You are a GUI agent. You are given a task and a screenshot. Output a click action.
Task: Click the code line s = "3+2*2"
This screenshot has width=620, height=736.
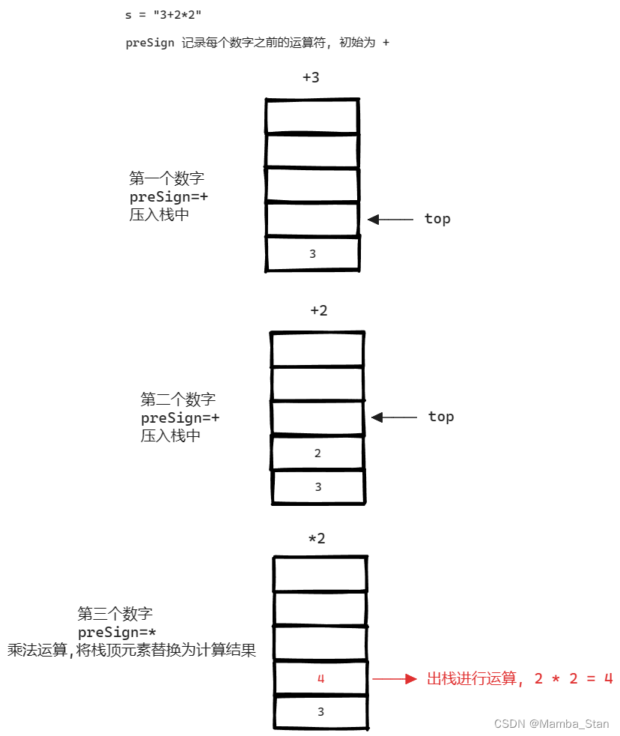point(164,14)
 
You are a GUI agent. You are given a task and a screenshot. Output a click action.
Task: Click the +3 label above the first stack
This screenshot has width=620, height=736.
point(311,77)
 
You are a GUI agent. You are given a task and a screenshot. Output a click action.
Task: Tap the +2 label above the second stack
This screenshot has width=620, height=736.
point(319,310)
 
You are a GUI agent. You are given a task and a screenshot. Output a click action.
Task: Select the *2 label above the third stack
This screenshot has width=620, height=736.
point(317,538)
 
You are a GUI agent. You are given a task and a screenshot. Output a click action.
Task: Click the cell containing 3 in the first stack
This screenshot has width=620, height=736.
point(312,254)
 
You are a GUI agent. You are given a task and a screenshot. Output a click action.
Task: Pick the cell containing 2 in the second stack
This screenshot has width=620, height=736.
point(317,453)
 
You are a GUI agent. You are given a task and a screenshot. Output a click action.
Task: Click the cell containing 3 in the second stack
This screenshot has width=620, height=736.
point(317,487)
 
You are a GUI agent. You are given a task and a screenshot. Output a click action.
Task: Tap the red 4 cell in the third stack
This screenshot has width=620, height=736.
point(320,678)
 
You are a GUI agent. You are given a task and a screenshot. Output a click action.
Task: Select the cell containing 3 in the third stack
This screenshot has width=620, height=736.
point(320,712)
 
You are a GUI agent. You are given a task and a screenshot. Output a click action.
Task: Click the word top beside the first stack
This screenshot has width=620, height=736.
point(437,219)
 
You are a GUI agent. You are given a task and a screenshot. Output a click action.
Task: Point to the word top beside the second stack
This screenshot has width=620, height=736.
point(441,417)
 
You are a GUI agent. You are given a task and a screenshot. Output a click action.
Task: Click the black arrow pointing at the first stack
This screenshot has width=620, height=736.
point(390,220)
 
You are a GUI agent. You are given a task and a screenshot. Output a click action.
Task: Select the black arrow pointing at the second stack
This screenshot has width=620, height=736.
point(394,417)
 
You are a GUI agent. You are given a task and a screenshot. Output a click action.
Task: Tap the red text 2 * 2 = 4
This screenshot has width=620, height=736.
point(574,679)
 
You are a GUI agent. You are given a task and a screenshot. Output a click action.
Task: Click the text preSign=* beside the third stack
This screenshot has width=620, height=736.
point(117,633)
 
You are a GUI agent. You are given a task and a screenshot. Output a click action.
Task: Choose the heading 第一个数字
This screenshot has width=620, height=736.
point(167,179)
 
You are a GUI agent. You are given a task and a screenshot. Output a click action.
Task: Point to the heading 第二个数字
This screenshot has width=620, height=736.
point(178,399)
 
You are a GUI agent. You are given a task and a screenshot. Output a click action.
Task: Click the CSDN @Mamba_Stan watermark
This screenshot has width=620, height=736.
point(552,724)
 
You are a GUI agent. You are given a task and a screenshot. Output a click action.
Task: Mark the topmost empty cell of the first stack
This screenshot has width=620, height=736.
point(311,115)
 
